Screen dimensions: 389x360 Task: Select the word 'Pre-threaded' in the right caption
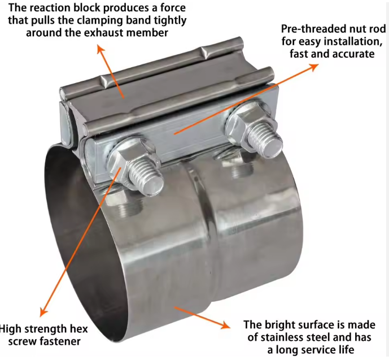pos(307,28)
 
